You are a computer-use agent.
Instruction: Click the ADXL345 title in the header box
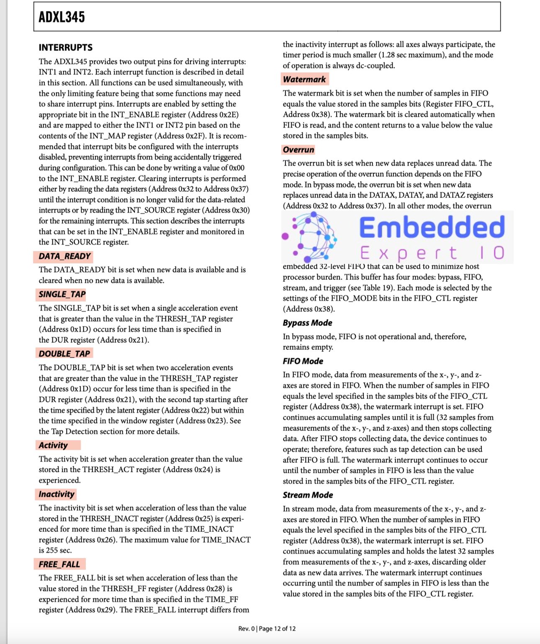(x=62, y=17)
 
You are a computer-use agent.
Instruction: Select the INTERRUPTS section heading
(x=66, y=47)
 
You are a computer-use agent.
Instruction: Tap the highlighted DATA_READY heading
(x=64, y=256)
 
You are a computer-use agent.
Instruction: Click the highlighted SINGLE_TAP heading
(x=62, y=294)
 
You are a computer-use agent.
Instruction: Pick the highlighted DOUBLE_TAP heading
(x=64, y=354)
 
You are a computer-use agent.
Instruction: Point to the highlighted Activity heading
(x=53, y=445)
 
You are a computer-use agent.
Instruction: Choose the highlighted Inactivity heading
(x=57, y=494)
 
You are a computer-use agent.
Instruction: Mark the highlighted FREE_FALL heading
(x=59, y=564)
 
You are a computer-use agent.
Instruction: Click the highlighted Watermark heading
(x=304, y=79)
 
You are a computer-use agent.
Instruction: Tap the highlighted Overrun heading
(x=298, y=150)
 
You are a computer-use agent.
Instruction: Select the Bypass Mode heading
(x=307, y=323)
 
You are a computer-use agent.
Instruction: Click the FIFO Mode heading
(x=303, y=361)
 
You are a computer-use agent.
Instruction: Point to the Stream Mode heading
(x=308, y=495)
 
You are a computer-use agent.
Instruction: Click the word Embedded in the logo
(x=432, y=228)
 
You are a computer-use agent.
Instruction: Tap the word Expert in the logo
(x=408, y=253)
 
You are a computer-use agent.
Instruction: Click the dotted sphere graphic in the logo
(x=311, y=236)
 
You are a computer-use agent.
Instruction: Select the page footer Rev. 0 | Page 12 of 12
(x=267, y=628)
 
